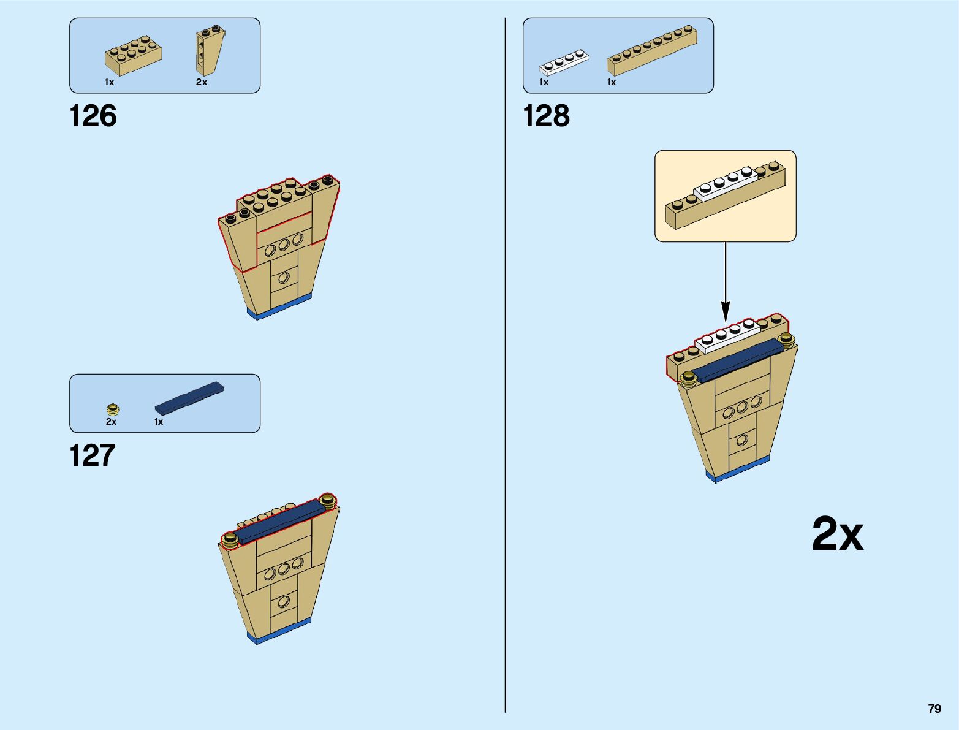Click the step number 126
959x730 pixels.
[93, 116]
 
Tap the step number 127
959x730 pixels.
[93, 455]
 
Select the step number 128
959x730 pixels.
[546, 116]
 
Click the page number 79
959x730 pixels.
[934, 709]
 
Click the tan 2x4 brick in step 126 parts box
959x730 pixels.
[133, 55]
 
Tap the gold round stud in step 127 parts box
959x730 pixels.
[113, 409]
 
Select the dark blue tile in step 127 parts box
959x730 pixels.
[189, 397]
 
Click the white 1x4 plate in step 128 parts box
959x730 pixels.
[563, 62]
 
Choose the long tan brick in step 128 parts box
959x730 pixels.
[652, 50]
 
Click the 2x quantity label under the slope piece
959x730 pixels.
[202, 82]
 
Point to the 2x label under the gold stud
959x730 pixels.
[111, 422]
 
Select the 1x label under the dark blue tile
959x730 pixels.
[159, 422]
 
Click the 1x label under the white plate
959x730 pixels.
[544, 82]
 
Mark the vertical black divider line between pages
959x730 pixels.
[506, 368]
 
